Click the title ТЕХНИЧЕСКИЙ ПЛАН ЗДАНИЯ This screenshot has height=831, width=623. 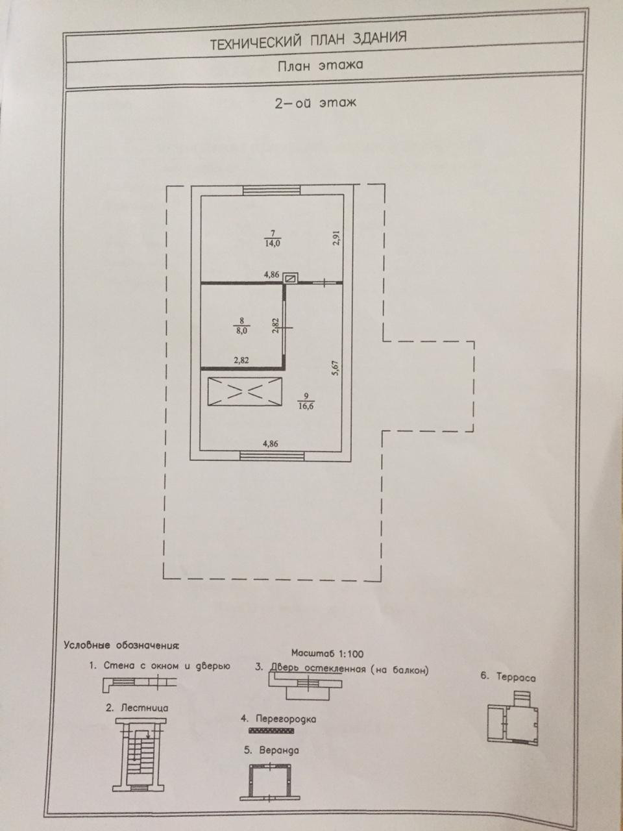click(x=308, y=40)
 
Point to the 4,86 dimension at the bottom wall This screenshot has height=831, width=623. click(x=271, y=444)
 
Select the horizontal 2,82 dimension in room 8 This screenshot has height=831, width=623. click(x=241, y=361)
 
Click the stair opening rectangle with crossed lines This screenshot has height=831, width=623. click(x=245, y=392)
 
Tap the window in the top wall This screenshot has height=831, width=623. click(x=272, y=190)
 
